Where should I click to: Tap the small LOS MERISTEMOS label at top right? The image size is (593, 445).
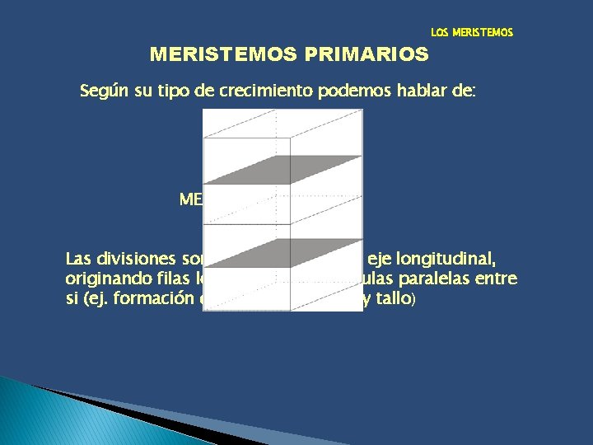[x=472, y=33]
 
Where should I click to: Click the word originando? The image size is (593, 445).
[x=105, y=279]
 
